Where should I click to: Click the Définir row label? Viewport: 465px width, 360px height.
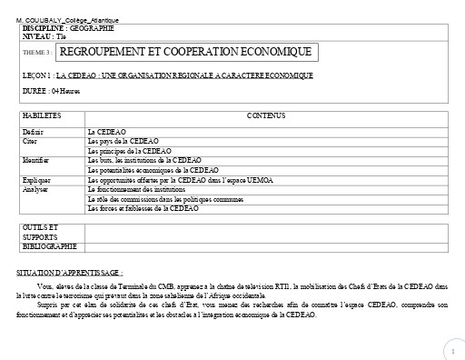[34, 132]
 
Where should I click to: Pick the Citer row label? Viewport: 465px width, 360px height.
[30, 141]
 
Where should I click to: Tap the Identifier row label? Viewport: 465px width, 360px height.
[36, 159]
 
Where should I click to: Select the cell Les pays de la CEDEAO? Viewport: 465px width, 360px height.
[123, 141]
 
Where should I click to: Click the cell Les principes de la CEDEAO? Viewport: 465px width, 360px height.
[129, 150]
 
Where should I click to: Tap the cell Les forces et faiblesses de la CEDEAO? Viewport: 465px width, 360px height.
[143, 207]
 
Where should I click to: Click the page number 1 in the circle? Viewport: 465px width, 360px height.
[451, 350]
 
